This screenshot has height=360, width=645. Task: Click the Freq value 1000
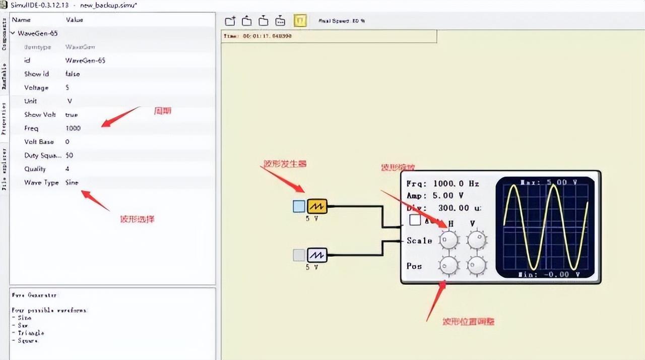click(73, 129)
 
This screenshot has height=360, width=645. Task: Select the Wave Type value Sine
click(72, 183)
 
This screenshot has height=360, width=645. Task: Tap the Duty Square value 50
click(69, 155)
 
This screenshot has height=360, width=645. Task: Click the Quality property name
click(35, 169)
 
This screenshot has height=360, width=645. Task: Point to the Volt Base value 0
click(68, 142)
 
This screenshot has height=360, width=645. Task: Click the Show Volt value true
click(72, 115)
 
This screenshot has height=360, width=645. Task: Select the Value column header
click(75, 20)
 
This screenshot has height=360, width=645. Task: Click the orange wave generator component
click(317, 206)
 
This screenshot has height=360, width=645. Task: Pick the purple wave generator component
click(317, 255)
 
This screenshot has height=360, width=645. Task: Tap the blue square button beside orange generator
click(299, 206)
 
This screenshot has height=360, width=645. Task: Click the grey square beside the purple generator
click(299, 255)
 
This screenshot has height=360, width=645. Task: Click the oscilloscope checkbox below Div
click(415, 220)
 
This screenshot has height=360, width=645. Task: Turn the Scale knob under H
click(448, 240)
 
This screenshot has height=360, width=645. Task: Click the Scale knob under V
click(476, 240)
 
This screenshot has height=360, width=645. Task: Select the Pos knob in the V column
click(476, 265)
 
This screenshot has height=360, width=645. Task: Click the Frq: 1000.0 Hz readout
click(442, 184)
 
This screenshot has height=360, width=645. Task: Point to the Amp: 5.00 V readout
click(435, 196)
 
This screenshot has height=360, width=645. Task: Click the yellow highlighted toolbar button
click(300, 21)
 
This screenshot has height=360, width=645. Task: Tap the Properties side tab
click(4, 119)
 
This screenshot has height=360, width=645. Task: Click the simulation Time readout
click(257, 36)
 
